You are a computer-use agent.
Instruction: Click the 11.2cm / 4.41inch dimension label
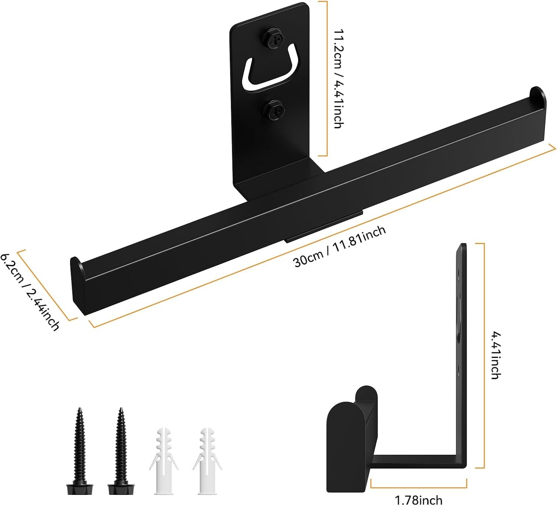[x=339, y=79]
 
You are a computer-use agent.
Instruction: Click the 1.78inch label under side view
[x=418, y=500]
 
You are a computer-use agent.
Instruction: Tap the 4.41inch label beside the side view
[x=495, y=355]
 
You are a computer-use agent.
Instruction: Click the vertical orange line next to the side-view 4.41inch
[x=484, y=355]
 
